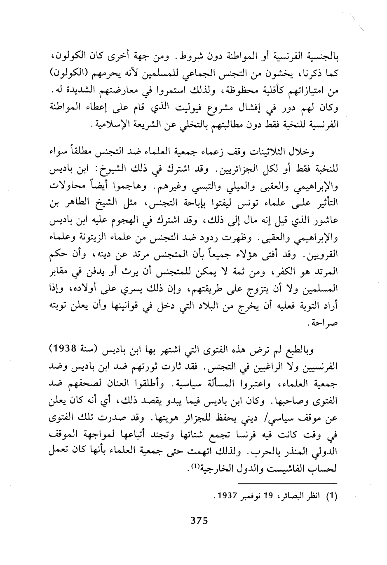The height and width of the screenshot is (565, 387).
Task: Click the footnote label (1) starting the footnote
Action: pos(332,497)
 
